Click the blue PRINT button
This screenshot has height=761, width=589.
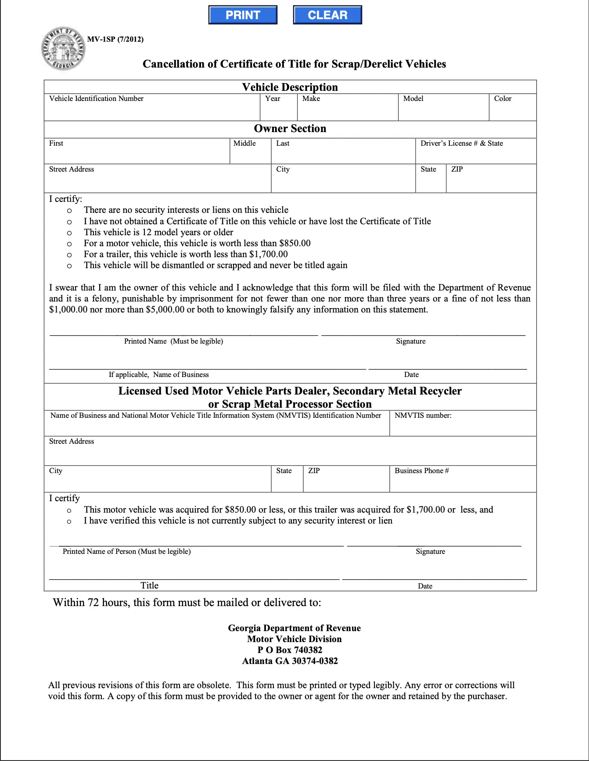click(x=243, y=15)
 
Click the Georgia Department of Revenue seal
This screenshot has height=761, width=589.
click(x=63, y=49)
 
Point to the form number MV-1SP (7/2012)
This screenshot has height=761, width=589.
click(x=115, y=39)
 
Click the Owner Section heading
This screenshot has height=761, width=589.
click(x=290, y=129)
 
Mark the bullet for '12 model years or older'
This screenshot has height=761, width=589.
click(x=69, y=233)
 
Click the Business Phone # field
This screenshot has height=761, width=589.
click(x=463, y=482)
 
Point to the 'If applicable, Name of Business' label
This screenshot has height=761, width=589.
click(x=158, y=374)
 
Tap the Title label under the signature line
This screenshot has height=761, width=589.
click(x=149, y=585)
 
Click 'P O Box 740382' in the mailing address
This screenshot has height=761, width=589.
click(x=290, y=650)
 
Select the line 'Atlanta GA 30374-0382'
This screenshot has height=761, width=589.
click(x=290, y=661)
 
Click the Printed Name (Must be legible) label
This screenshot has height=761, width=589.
click(x=173, y=341)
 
